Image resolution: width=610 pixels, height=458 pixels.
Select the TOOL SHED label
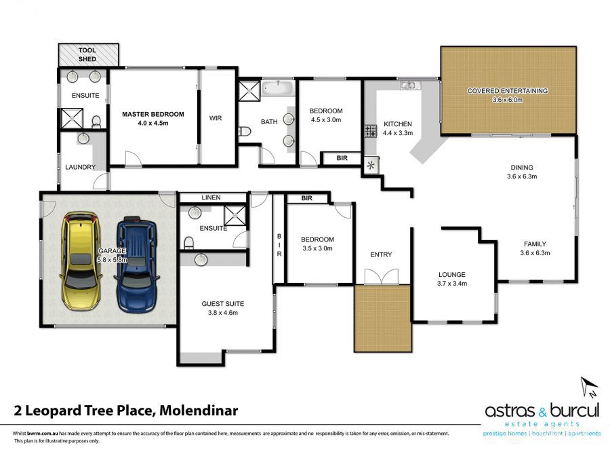tap(87, 54)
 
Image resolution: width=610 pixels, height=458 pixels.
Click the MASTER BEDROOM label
tap(153, 114)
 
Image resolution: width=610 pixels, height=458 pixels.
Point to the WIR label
tap(216, 118)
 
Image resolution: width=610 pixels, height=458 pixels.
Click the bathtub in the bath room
tap(277, 89)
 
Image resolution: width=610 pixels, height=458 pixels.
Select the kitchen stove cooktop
tap(371, 130)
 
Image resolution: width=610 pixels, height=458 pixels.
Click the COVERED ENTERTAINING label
tap(507, 90)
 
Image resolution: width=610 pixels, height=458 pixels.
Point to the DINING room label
tap(522, 168)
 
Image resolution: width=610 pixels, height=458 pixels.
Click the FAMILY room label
tap(535, 244)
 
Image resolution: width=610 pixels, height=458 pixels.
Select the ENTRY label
tap(381, 254)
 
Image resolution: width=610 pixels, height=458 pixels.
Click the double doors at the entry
tap(382, 277)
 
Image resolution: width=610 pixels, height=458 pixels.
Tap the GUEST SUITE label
tap(222, 304)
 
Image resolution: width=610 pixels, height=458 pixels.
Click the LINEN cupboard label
tap(211, 197)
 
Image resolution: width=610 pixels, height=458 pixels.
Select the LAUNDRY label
tap(80, 167)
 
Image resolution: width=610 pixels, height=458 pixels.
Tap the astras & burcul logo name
tap(542, 411)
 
